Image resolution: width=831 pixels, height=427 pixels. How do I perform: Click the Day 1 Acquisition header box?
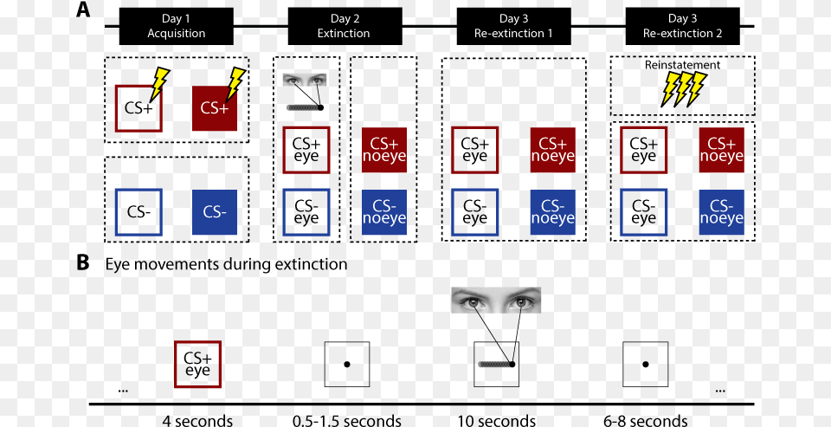(176, 26)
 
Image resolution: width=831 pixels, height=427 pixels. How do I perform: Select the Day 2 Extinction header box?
(344, 26)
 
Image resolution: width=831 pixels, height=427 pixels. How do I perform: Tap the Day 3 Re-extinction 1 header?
(513, 26)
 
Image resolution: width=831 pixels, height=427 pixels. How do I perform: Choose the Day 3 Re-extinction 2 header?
(682, 26)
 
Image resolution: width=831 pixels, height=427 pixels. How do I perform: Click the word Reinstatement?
(682, 65)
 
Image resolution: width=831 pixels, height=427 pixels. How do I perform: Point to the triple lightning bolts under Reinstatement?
(683, 88)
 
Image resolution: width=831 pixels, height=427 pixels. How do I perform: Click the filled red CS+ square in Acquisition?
(214, 108)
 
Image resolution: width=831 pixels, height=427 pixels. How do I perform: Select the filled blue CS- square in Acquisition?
(214, 211)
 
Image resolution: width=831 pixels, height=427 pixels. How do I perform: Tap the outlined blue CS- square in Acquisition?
(138, 211)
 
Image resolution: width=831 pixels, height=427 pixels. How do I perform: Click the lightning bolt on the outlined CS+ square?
(161, 84)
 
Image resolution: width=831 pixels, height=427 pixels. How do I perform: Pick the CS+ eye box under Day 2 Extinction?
(306, 150)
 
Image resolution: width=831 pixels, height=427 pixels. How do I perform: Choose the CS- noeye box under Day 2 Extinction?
(383, 212)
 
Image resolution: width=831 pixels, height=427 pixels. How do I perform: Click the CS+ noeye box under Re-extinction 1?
(552, 150)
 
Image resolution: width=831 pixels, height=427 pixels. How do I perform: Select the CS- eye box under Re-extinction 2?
(643, 212)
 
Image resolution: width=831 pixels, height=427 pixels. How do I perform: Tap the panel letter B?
(83, 263)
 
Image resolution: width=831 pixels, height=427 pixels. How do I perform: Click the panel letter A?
(83, 10)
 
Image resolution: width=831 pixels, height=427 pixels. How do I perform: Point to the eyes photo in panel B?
(496, 301)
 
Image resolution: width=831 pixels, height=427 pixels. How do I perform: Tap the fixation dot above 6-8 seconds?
(645, 365)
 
